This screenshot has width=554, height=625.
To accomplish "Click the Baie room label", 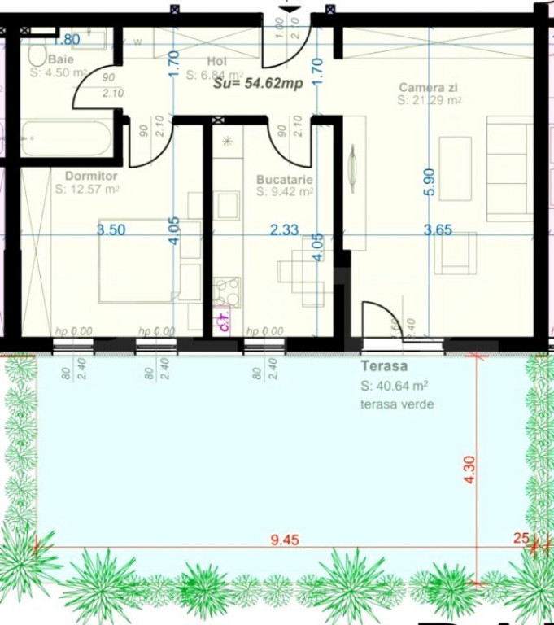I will (59, 59).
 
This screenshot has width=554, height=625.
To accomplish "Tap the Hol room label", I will (216, 62).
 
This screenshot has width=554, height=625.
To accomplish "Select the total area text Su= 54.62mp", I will (252, 82).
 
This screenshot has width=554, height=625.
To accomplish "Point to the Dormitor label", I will (91, 176).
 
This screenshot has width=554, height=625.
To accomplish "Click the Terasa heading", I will (384, 367).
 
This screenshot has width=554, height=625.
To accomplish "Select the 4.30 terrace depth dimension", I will (469, 470).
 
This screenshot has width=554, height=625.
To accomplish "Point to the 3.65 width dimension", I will (438, 230).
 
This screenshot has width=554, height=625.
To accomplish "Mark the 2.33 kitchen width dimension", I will (284, 230).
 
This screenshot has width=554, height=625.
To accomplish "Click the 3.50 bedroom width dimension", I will (111, 230).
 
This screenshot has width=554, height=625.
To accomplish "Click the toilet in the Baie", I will (37, 54).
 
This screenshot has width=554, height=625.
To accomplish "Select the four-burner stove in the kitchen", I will (226, 291).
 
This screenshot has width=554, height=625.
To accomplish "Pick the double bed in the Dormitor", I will (138, 260).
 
